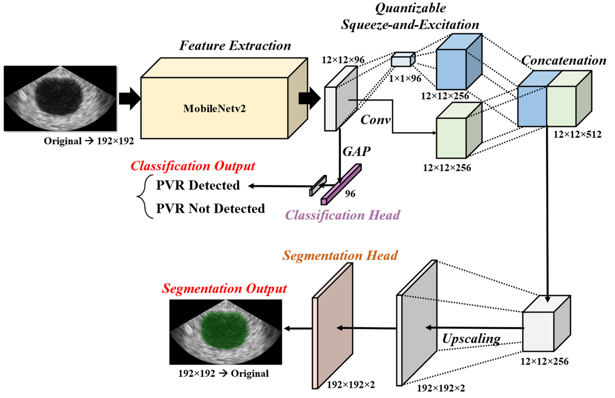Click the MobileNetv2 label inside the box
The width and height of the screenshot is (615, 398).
(x=214, y=109)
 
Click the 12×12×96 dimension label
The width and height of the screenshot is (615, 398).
(x=343, y=60)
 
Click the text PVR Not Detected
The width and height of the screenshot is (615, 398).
(x=210, y=208)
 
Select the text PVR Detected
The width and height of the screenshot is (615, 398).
(x=198, y=185)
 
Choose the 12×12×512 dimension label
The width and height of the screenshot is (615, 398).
(x=577, y=134)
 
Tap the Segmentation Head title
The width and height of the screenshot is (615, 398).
(x=340, y=255)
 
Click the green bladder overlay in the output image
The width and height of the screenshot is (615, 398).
(x=224, y=331)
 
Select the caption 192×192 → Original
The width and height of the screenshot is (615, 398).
(x=223, y=373)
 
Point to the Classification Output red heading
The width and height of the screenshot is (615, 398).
(x=193, y=166)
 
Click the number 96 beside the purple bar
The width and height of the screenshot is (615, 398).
(x=350, y=194)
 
